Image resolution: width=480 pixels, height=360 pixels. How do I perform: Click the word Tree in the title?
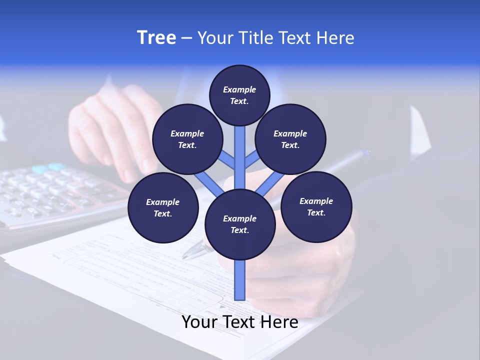click(x=156, y=37)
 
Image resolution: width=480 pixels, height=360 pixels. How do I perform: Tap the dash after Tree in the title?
click(x=186, y=38)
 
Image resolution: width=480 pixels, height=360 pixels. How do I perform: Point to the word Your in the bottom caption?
click(x=200, y=322)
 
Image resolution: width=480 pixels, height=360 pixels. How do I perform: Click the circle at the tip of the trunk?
click(x=239, y=95)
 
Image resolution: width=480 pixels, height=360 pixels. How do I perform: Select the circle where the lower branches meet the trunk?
click(x=240, y=224)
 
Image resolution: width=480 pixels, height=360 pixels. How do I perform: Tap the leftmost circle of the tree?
click(x=163, y=207)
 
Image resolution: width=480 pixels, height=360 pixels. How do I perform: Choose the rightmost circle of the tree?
click(x=316, y=206)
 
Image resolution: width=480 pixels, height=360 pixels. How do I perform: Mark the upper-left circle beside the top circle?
click(x=187, y=139)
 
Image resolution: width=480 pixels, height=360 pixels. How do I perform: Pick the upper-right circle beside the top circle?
click(x=290, y=139)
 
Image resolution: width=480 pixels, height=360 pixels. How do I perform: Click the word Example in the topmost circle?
click(x=239, y=89)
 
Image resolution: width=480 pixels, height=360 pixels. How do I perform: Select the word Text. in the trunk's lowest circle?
click(x=239, y=230)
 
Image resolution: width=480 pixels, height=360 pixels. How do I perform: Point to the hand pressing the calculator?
click(x=112, y=130)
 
